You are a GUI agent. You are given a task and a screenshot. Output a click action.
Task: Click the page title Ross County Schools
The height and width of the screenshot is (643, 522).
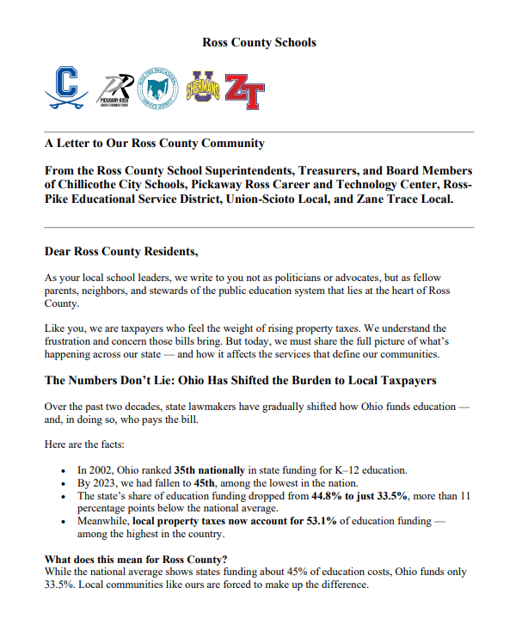click(259, 42)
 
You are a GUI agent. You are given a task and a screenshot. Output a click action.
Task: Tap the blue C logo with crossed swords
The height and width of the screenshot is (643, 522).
click(66, 88)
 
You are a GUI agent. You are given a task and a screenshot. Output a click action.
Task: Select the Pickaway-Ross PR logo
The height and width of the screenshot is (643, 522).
click(116, 89)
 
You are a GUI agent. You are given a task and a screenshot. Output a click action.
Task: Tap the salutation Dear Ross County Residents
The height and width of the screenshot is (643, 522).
click(120, 252)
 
